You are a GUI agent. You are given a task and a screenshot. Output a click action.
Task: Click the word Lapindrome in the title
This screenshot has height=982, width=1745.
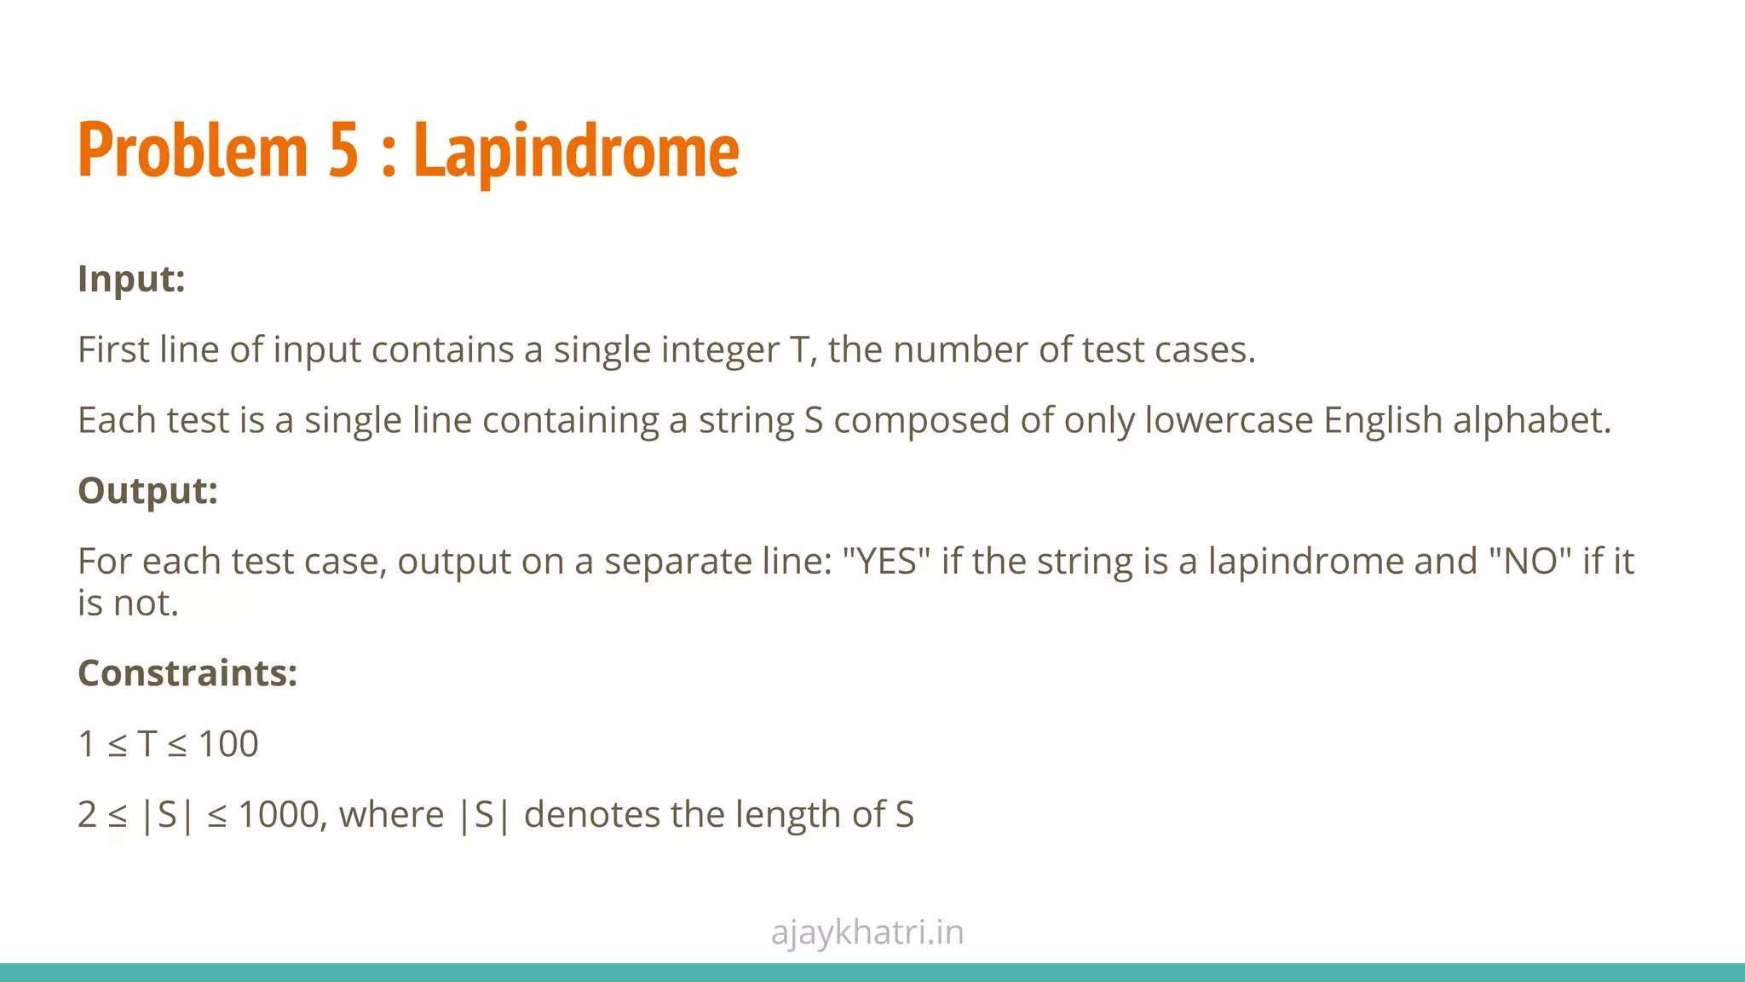point(576,151)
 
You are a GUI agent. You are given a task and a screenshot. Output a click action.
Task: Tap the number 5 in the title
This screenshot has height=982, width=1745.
point(343,151)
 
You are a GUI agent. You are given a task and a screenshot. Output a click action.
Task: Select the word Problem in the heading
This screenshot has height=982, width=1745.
point(193,151)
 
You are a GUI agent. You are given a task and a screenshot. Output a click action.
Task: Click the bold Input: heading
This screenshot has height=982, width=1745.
point(131,279)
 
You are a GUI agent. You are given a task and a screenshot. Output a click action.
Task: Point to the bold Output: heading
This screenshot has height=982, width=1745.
point(147,490)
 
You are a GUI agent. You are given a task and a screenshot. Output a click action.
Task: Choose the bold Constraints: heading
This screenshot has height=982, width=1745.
point(187,673)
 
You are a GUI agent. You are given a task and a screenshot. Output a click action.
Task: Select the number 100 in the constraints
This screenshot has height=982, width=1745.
point(228,743)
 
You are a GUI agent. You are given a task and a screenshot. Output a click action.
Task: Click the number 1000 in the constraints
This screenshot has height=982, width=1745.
point(278,814)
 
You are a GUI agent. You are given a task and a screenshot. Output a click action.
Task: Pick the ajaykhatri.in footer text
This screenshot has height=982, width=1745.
point(867,932)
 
